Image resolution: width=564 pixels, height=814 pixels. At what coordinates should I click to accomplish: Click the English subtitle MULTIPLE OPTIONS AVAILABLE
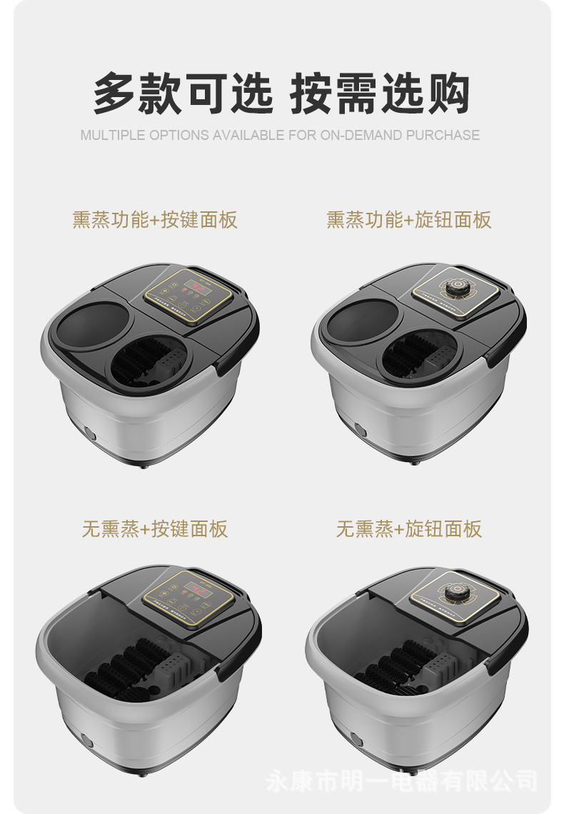pyautogui.click(x=280, y=135)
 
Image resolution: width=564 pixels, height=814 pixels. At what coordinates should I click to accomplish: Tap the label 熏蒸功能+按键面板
pyautogui.click(x=154, y=220)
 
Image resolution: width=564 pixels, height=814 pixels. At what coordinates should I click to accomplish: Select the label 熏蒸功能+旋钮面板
pyautogui.click(x=409, y=220)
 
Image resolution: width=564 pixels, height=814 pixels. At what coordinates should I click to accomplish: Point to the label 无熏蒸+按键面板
pyautogui.click(x=154, y=529)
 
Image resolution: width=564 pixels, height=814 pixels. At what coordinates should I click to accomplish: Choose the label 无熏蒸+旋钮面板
pyautogui.click(x=409, y=529)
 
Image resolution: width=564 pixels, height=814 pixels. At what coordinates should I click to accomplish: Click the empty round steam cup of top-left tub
pyautogui.click(x=91, y=325)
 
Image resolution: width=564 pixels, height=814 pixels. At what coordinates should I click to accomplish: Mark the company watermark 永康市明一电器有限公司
pyautogui.click(x=401, y=780)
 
